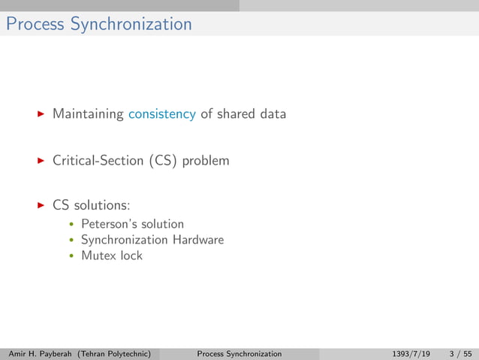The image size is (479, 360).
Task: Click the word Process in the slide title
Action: pyautogui.click(x=35, y=24)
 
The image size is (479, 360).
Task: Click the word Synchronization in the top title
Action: pyautogui.click(x=131, y=24)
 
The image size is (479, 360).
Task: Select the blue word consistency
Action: pyautogui.click(x=162, y=114)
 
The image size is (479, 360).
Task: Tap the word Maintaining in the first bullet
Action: pyautogui.click(x=88, y=114)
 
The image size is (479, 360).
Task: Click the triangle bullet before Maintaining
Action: pyautogui.click(x=41, y=114)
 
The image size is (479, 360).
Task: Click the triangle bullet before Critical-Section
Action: pyautogui.click(x=41, y=160)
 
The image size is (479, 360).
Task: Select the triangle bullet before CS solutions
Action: pyautogui.click(x=41, y=205)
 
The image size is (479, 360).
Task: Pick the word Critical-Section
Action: pyautogui.click(x=98, y=160)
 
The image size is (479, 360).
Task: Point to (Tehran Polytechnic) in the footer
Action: pyautogui.click(x=119, y=353)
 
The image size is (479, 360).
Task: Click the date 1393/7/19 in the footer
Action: pyautogui.click(x=411, y=353)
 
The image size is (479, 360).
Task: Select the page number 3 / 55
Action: pyautogui.click(x=459, y=353)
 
